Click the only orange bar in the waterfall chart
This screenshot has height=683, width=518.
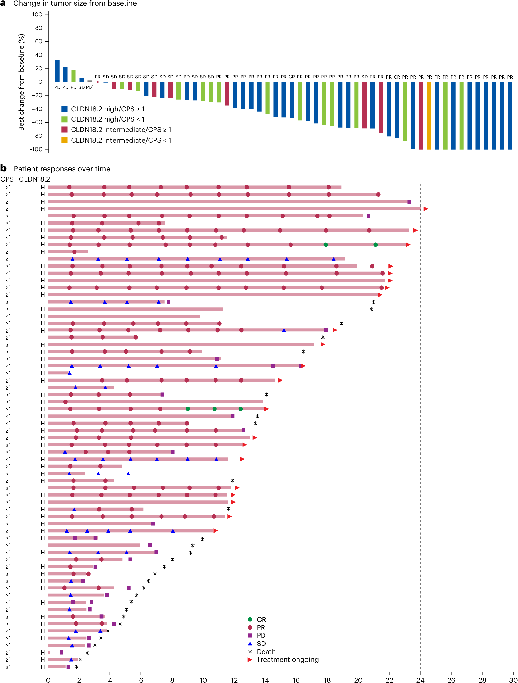(429, 116)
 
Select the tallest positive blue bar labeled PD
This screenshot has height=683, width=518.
(57, 71)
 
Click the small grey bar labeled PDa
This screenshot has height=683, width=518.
(90, 81)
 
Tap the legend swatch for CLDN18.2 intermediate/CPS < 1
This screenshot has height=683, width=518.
(64, 140)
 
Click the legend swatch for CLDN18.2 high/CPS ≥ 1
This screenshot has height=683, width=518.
(64, 109)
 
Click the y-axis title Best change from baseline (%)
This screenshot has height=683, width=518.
(21, 82)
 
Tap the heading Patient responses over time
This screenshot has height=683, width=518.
(62, 169)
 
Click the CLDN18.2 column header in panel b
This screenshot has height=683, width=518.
(34, 179)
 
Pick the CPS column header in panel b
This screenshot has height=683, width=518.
(7, 179)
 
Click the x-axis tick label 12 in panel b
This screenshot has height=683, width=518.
(234, 680)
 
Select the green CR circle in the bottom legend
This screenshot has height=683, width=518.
(250, 619)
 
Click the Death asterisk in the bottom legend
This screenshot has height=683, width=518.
(250, 651)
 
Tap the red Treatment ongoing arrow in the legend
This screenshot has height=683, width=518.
(250, 660)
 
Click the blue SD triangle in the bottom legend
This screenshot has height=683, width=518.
(250, 643)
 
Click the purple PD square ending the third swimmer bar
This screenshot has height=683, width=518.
(409, 202)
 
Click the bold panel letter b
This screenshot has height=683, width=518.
(3, 168)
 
